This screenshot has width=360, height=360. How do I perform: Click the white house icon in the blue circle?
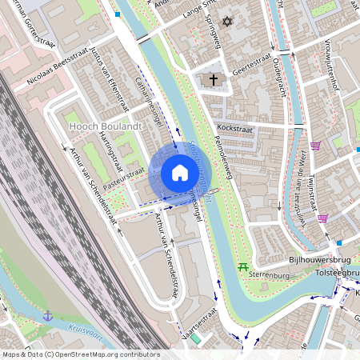coord(179,173)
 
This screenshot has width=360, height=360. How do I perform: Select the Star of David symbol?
coord(226,21)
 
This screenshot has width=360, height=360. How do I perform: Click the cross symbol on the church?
coord(214,79)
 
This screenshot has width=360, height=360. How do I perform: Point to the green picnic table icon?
coord(242,266)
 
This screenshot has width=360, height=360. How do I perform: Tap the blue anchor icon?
coord(48,316)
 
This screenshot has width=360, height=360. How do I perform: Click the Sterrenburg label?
coord(267,274)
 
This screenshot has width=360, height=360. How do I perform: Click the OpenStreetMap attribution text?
coord(80,354)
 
